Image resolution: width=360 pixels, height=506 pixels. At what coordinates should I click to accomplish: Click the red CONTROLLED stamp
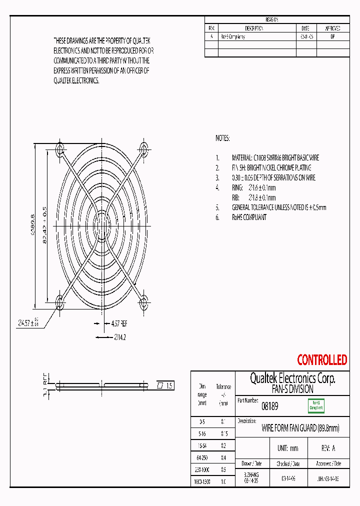[x=322, y=360]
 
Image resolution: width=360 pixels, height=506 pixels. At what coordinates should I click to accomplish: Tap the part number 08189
[x=270, y=406]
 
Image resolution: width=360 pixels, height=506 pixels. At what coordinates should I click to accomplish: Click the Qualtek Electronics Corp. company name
[x=292, y=378]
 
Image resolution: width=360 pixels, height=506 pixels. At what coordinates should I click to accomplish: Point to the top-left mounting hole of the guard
[x=60, y=149]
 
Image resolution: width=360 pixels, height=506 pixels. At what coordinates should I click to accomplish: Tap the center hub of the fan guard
[x=102, y=225]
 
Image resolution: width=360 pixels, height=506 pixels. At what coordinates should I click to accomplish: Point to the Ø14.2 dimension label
[x=119, y=337]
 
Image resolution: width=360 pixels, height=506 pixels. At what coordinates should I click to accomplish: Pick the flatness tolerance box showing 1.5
[x=165, y=385]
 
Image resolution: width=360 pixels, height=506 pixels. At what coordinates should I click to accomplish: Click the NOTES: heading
[x=222, y=138]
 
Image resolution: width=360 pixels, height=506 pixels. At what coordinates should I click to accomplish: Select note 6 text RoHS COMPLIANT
[x=249, y=217]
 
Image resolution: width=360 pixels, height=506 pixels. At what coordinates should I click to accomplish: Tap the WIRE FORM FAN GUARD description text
[x=300, y=428]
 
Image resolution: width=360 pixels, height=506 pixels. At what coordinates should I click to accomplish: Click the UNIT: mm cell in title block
[x=287, y=448]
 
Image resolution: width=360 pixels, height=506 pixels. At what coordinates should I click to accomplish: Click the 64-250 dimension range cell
[x=202, y=457]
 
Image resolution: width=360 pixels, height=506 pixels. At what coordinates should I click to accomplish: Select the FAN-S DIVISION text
[x=292, y=389]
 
